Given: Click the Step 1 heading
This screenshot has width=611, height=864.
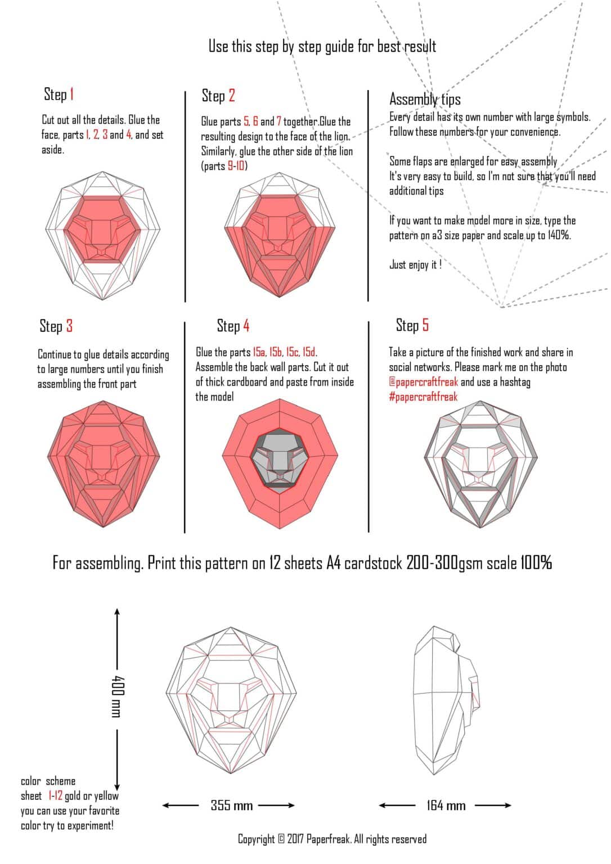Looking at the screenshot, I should point(59,94).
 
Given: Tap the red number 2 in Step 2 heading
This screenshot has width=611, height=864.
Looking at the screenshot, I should point(231,96).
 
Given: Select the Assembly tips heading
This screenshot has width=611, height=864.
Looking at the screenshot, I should point(425,100).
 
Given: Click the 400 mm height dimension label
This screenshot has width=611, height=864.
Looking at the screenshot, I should point(116,696).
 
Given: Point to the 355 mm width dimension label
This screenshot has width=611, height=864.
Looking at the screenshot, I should point(231,805).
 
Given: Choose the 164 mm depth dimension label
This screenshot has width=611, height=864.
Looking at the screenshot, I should point(446,805).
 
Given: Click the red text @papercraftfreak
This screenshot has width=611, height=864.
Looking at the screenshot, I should point(423,382).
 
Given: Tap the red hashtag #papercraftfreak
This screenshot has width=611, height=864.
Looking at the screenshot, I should point(423,397).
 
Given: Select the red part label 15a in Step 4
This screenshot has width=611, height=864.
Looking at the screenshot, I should point(259,352).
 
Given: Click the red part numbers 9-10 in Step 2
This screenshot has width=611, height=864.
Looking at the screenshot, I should point(236,166).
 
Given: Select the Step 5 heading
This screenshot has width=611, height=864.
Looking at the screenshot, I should point(412,325).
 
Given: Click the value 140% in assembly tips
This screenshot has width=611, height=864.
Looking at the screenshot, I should point(559,235).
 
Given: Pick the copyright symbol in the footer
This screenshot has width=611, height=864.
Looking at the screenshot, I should point(281,839).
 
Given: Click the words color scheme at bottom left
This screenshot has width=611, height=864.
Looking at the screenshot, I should point(48,781).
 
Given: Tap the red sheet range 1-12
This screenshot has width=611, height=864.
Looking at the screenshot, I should point(55,795).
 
